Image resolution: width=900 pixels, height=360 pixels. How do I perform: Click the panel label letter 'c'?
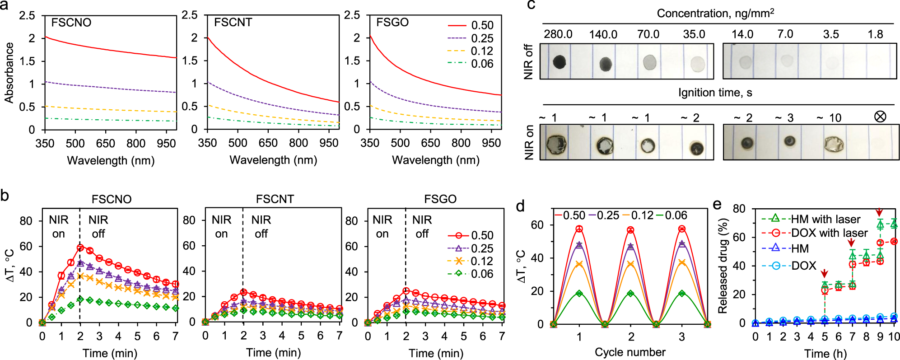[532, 5]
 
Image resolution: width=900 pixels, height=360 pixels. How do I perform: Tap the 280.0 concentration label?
[558, 35]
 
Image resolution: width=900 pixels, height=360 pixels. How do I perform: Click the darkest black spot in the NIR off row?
[560, 62]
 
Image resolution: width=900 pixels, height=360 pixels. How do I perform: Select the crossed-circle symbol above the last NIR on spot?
[880, 117]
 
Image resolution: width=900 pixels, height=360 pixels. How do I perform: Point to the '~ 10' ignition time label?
[829, 118]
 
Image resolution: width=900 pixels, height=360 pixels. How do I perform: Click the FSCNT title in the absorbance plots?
[233, 23]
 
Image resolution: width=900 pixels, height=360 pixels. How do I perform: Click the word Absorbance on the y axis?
[9, 72]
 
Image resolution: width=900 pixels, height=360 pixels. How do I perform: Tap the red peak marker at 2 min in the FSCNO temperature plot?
[80, 248]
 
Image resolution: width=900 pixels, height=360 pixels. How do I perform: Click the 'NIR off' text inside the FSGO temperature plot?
[422, 226]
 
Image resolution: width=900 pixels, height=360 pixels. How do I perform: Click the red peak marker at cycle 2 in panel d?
[630, 230]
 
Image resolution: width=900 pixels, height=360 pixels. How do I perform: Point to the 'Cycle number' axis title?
[630, 352]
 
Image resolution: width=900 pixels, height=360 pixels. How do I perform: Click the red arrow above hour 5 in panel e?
[825, 273]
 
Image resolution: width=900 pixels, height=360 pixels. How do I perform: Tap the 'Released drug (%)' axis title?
[723, 266]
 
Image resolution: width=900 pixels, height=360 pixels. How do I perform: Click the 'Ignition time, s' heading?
[715, 93]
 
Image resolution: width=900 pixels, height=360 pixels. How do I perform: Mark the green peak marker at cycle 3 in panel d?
[682, 293]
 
